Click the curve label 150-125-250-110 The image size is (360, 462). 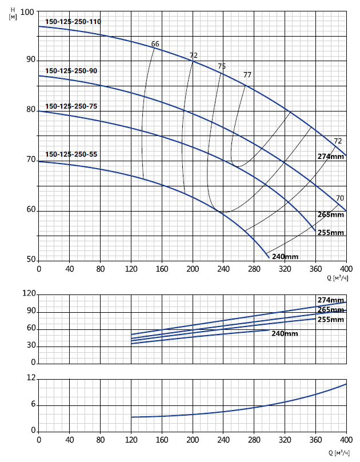click(x=73, y=22)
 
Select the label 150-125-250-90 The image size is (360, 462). click(x=71, y=71)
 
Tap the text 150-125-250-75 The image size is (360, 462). click(x=71, y=107)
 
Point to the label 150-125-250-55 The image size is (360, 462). click(x=71, y=155)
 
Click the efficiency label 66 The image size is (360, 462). click(x=155, y=44)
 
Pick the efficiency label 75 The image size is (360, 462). click(x=222, y=66)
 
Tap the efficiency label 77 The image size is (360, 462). click(x=247, y=75)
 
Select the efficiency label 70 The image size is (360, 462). click(x=339, y=198)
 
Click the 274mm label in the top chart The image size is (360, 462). click(x=331, y=157)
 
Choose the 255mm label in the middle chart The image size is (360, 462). click(x=331, y=319)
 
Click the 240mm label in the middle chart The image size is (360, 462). click(x=285, y=333)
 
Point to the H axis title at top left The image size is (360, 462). click(x=13, y=13)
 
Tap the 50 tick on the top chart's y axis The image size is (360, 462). click(x=30, y=260)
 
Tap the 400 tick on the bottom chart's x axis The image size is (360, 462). click(x=346, y=441)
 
